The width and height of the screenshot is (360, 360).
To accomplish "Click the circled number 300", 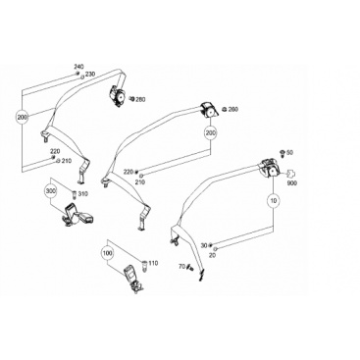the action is (x=50, y=191).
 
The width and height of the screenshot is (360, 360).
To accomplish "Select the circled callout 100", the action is (x=107, y=253).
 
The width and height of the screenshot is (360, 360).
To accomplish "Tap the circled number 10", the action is (x=274, y=201).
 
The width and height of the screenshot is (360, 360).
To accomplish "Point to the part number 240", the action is (x=78, y=67).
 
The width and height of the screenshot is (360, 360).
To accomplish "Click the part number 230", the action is (x=90, y=75).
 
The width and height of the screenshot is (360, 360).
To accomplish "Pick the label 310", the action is (x=83, y=194).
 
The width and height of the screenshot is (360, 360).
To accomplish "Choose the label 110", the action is (x=153, y=263).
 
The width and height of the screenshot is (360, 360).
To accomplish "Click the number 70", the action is (x=181, y=267).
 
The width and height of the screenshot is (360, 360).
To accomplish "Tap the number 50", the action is (x=289, y=153).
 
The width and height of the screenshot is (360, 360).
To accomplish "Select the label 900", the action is (x=292, y=183).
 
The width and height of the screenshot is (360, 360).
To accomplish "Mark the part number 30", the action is (x=204, y=245).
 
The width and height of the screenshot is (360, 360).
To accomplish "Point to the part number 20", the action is (x=212, y=255).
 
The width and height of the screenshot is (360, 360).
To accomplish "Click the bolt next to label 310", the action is (x=74, y=195).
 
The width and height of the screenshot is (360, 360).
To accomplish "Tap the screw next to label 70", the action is (x=189, y=268).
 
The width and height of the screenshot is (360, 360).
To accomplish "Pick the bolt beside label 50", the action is (x=282, y=152).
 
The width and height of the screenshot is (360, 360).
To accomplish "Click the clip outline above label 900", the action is (x=290, y=174).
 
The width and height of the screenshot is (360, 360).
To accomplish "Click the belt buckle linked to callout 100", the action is (x=133, y=279).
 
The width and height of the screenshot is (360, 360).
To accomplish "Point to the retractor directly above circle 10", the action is (x=270, y=169).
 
